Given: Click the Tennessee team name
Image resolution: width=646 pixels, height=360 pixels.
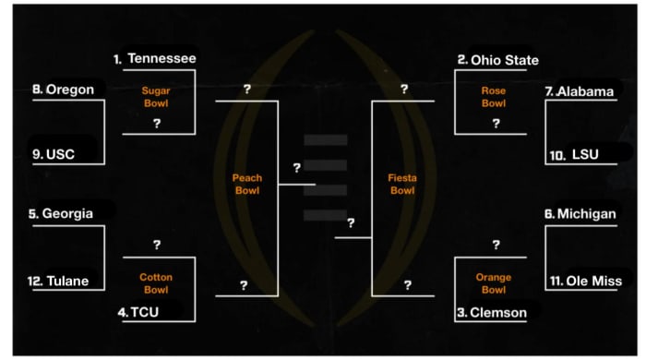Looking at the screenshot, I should pyautogui.click(x=161, y=58).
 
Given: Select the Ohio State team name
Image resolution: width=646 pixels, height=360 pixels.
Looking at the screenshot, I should pyautogui.click(x=504, y=60).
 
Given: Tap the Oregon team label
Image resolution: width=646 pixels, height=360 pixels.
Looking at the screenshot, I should pyautogui.click(x=70, y=90).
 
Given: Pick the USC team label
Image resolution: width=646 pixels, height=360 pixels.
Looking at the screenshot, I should pyautogui.click(x=60, y=153).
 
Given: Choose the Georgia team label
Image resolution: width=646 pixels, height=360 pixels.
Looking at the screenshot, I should pyautogui.click(x=67, y=213).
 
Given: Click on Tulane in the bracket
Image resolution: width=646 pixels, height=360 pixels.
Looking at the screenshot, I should pyautogui.click(x=66, y=282).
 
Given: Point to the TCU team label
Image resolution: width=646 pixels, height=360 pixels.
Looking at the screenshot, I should pyautogui.click(x=144, y=312).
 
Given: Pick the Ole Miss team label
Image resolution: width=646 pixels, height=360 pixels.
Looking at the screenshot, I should pyautogui.click(x=592, y=281).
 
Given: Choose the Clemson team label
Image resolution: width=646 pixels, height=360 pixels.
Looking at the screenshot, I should pyautogui.click(x=497, y=313).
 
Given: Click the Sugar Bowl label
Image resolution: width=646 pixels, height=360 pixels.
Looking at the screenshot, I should pyautogui.click(x=157, y=98).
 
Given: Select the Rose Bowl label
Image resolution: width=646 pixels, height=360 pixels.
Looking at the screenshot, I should pyautogui.click(x=494, y=97).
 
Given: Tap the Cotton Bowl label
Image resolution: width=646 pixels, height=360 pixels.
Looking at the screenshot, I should pyautogui.click(x=156, y=283).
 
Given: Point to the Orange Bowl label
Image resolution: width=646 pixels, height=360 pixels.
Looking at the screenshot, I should pyautogui.click(x=494, y=283).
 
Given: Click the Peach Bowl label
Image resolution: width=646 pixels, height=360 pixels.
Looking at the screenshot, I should pyautogui.click(x=246, y=184).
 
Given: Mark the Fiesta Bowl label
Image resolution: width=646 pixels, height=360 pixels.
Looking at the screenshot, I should pyautogui.click(x=402, y=184).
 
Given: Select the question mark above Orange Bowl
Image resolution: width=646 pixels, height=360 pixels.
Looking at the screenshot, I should pyautogui.click(x=496, y=245).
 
